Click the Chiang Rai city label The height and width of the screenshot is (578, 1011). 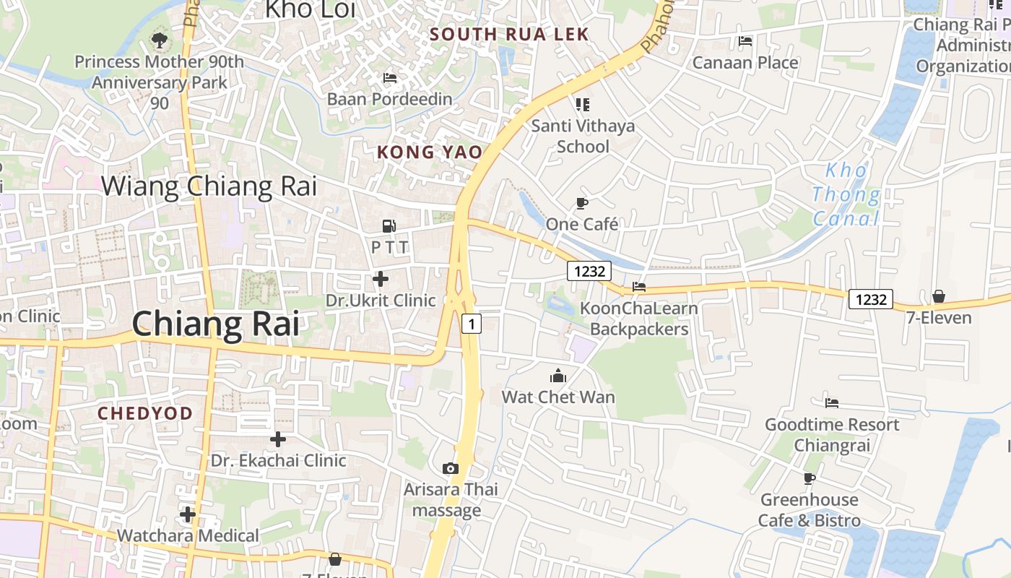tap(215, 323)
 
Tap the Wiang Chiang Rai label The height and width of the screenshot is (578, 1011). tap(209, 186)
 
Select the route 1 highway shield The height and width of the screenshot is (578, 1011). tap(471, 324)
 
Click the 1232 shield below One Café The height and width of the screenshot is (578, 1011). tap(589, 271)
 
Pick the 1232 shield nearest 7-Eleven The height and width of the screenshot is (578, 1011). tap(870, 299)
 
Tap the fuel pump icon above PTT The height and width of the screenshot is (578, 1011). tap(389, 225)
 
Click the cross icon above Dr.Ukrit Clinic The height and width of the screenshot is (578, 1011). tap(381, 279)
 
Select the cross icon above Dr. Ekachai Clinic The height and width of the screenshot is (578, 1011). tap(278, 439)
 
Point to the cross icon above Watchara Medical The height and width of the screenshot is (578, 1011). tap(188, 514)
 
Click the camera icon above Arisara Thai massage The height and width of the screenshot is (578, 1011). tap(451, 469)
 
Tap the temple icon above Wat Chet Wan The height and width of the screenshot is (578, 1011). tap(558, 376)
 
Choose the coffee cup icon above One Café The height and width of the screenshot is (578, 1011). tap(582, 203)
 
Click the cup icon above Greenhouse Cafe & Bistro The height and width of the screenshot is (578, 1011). tap(810, 478)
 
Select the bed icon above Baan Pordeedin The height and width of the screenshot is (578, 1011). tap(389, 78)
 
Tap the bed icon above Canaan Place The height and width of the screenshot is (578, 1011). tap(745, 41)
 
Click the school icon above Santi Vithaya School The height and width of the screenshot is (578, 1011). tap(583, 105)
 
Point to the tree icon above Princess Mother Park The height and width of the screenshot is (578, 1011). tap(159, 40)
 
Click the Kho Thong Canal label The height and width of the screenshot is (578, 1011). tap(846, 194)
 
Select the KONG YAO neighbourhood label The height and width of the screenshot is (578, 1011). tap(429, 152)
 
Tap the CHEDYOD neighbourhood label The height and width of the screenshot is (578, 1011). tap(145, 413)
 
